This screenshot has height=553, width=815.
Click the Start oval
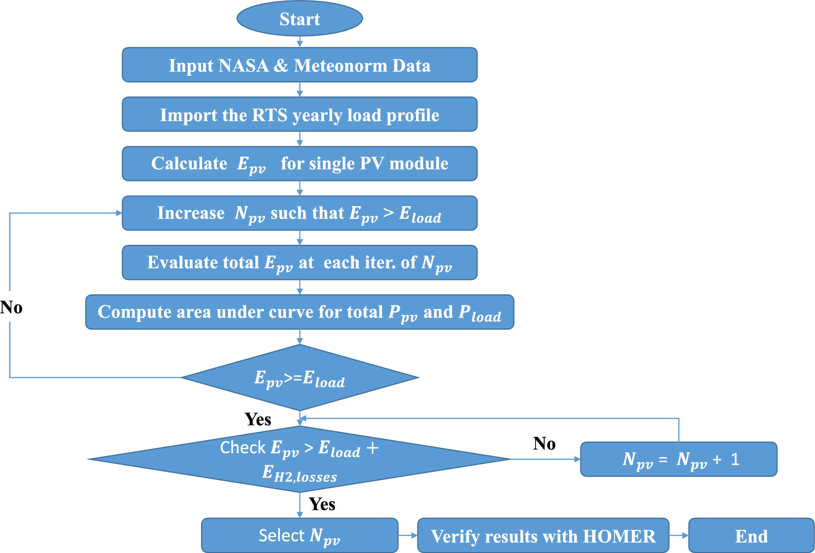(x=300, y=19)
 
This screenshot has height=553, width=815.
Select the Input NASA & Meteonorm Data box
(x=300, y=65)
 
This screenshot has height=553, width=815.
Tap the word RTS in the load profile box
(x=270, y=115)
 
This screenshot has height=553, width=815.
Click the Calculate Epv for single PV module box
(x=300, y=164)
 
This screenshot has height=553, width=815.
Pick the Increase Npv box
(x=300, y=213)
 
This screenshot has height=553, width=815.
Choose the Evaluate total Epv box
(x=300, y=263)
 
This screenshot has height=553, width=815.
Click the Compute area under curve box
(x=300, y=312)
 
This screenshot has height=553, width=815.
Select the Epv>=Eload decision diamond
(x=300, y=378)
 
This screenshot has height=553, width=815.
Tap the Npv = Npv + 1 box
(x=678, y=459)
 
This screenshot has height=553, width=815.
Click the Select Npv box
(x=300, y=535)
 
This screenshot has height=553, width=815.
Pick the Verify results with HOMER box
(x=543, y=536)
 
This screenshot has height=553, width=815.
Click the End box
(x=751, y=536)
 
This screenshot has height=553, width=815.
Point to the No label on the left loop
(x=11, y=308)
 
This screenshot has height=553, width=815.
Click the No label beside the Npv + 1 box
(x=544, y=443)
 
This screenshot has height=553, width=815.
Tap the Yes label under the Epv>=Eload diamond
(x=258, y=419)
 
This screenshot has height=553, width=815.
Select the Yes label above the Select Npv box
(x=322, y=504)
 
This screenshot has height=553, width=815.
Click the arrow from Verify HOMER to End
(x=679, y=535)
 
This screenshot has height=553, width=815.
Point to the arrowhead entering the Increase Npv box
(x=119, y=213)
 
